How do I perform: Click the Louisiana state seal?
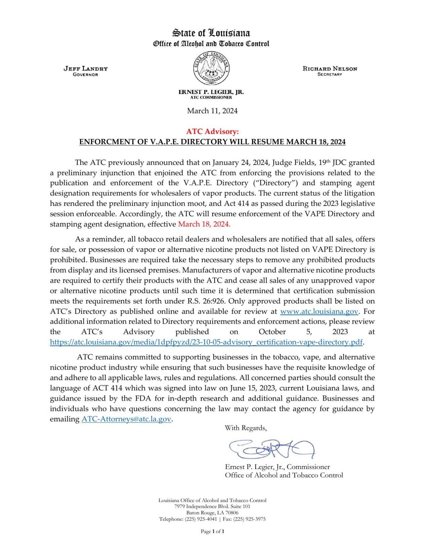(211, 68)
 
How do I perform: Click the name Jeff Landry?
(86, 68)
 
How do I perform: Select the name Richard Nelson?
(330, 68)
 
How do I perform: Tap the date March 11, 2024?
(212, 111)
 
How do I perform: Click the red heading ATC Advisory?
(212, 131)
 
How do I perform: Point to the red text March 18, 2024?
(204, 224)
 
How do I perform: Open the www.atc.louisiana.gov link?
(319, 311)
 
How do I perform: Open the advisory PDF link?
(206, 342)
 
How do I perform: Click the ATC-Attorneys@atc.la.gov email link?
(126, 419)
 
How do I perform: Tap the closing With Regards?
(246, 428)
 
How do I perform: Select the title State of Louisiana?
(211, 33)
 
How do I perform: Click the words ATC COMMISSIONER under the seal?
(211, 97)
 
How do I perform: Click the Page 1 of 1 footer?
(212, 531)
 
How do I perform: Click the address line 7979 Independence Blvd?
(212, 506)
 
